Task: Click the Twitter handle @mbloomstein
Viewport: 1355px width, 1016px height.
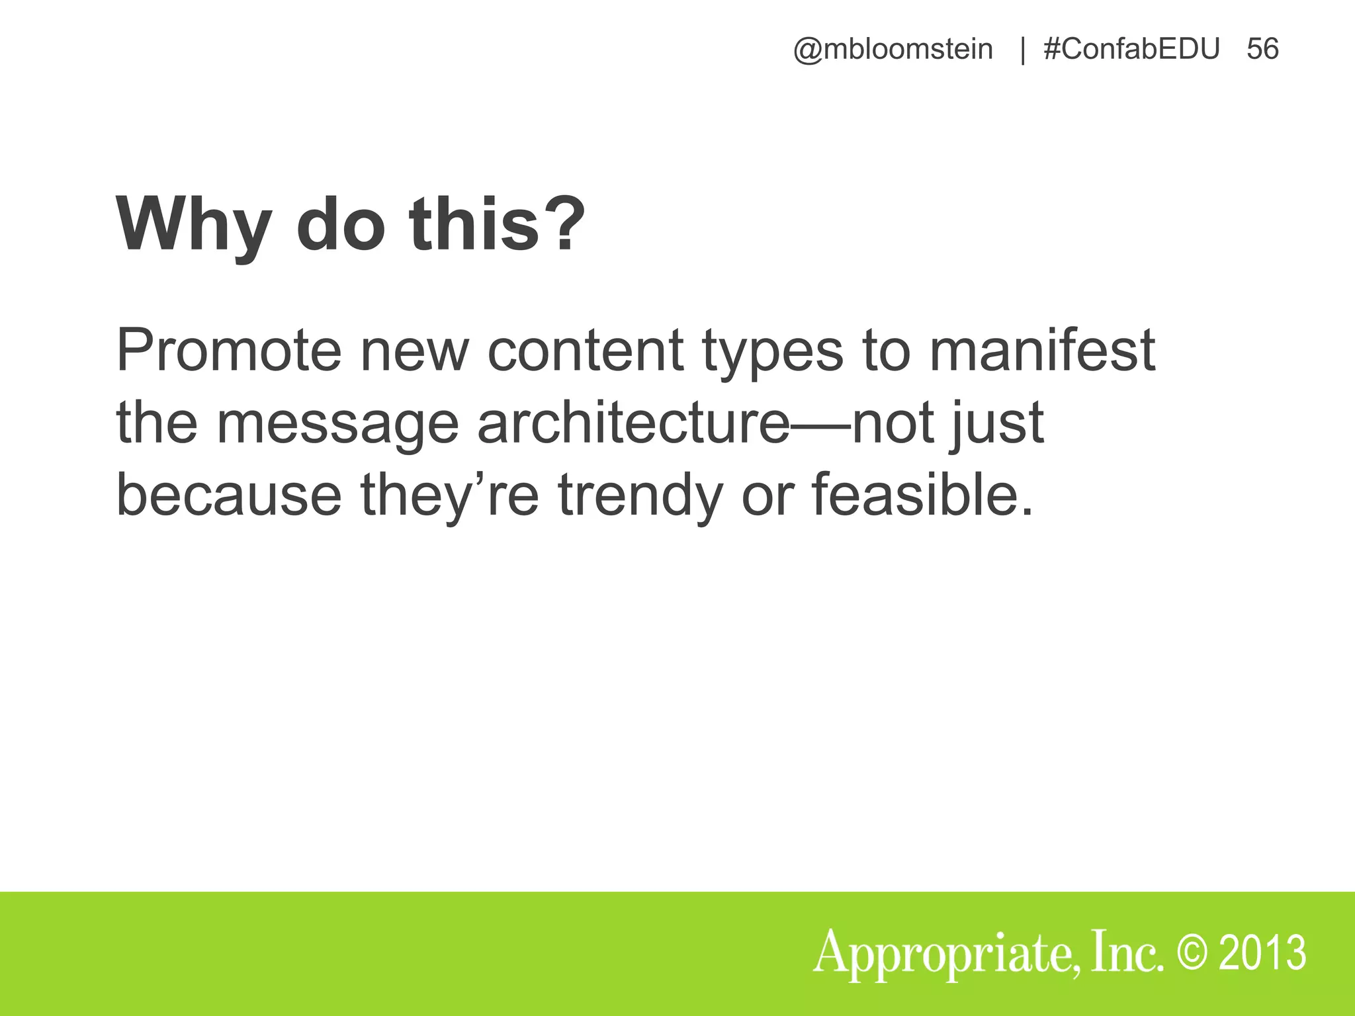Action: pos(893,50)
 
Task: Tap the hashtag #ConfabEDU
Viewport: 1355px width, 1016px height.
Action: pos(1131,50)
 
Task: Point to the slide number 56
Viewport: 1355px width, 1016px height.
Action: pos(1262,50)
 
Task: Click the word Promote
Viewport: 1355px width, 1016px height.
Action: pos(228,350)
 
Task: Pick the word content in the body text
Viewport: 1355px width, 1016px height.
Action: pos(585,350)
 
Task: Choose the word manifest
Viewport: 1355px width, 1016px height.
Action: pos(1041,350)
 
